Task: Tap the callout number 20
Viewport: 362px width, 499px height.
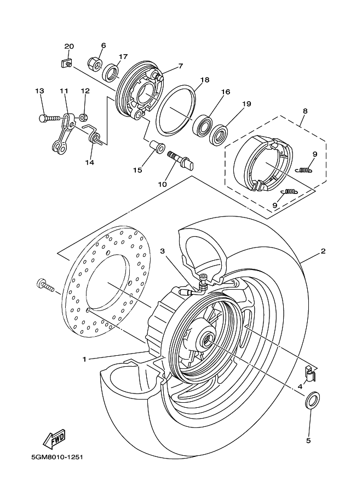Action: [x=68, y=46]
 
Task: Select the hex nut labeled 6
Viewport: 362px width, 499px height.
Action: [x=95, y=64]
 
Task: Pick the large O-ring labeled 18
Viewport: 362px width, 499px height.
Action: [x=176, y=108]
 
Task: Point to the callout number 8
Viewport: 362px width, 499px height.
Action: [x=305, y=111]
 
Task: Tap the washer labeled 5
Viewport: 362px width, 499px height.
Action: [x=312, y=401]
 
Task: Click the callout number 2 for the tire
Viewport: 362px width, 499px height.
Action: [x=323, y=251]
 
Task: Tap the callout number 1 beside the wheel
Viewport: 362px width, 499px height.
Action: [x=84, y=359]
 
